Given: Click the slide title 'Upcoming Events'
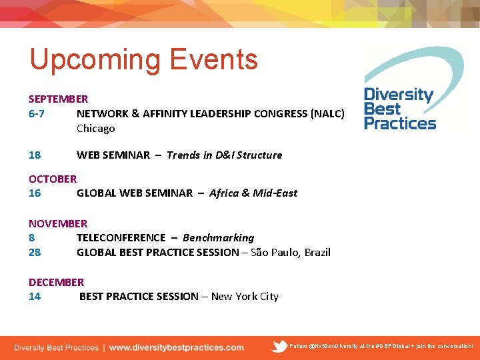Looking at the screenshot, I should (x=143, y=59).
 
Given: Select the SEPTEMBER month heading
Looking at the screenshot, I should (x=58, y=99).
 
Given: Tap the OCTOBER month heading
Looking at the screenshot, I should (x=52, y=179).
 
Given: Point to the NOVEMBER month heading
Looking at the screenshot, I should (x=57, y=223).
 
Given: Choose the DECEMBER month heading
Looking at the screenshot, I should (x=56, y=282).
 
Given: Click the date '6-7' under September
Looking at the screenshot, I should (x=37, y=113).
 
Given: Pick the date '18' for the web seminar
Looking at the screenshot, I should (x=35, y=155).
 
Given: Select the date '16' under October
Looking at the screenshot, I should (x=35, y=193).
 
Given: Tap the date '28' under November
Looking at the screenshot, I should (x=35, y=252).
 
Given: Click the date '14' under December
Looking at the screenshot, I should (x=35, y=296).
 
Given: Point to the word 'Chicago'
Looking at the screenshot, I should (x=95, y=128).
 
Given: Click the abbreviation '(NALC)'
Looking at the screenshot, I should (x=327, y=113).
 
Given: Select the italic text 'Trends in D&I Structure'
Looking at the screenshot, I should (x=224, y=155).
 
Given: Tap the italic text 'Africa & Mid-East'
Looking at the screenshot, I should (x=253, y=193).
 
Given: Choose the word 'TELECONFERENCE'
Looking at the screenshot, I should (x=121, y=237).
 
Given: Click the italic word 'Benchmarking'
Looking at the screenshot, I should (x=218, y=237).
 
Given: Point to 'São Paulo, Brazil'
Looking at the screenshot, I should (x=290, y=252).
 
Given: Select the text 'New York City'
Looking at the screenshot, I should (x=245, y=296).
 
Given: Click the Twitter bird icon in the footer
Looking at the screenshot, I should (x=280, y=347).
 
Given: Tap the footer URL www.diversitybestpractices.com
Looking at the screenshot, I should (x=176, y=347).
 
